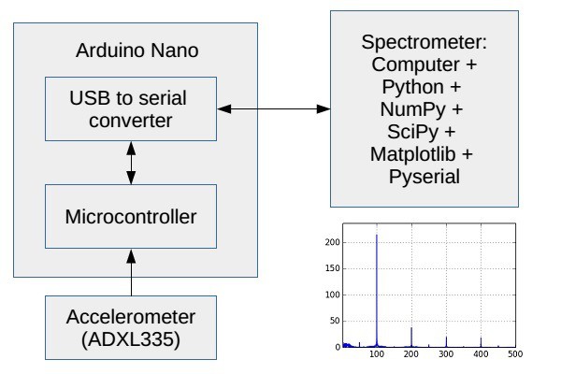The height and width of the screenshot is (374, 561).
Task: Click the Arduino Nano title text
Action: (137, 50)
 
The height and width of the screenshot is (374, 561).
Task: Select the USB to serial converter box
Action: (131, 108)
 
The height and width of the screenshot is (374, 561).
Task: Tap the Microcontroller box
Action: (131, 217)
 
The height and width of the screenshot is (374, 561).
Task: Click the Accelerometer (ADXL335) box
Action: (131, 328)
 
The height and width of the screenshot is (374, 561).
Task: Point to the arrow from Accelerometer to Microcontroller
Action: (131, 272)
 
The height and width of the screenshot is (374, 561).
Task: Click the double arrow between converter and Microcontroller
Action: (131, 163)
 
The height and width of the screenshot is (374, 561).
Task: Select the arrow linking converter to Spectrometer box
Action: (274, 108)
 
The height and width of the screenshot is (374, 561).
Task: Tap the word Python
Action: (413, 87)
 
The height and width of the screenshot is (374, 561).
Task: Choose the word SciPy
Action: (413, 132)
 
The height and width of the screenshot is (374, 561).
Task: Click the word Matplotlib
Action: (413, 154)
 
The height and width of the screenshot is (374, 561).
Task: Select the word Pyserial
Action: (424, 177)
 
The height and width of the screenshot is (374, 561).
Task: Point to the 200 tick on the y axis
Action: (332, 242)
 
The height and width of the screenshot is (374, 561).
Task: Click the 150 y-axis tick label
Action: (332, 268)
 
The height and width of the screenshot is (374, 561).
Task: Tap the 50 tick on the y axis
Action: (335, 321)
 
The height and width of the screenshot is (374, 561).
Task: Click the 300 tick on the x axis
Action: (446, 354)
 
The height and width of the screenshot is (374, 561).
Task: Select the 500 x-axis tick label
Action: (515, 354)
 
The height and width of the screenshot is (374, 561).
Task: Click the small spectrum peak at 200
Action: (411, 328)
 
